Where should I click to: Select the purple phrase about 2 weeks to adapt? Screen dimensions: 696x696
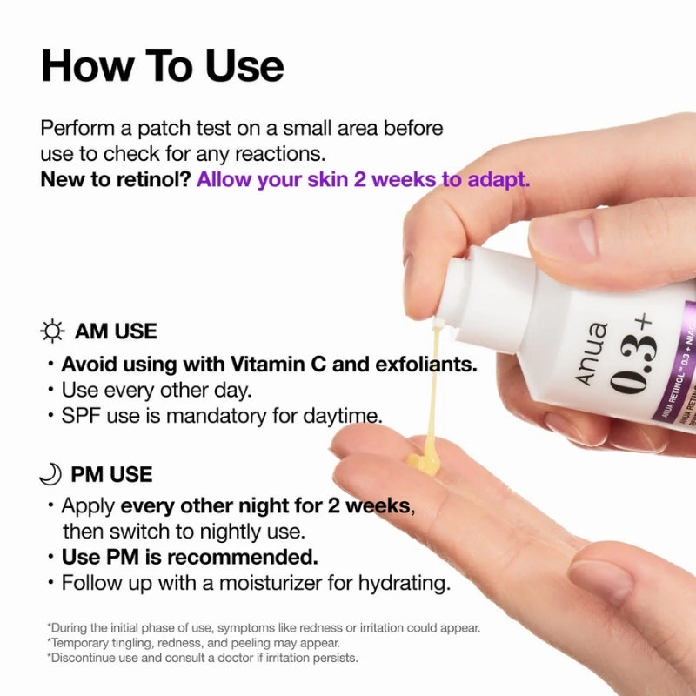tap(363, 180)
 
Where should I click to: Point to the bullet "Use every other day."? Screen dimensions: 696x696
tap(157, 390)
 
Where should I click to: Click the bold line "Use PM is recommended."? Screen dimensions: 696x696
tap(189, 557)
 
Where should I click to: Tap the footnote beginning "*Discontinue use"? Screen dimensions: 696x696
tap(202, 658)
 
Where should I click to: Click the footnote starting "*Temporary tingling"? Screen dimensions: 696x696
tap(193, 643)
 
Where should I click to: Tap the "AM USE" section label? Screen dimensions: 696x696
tap(116, 331)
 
